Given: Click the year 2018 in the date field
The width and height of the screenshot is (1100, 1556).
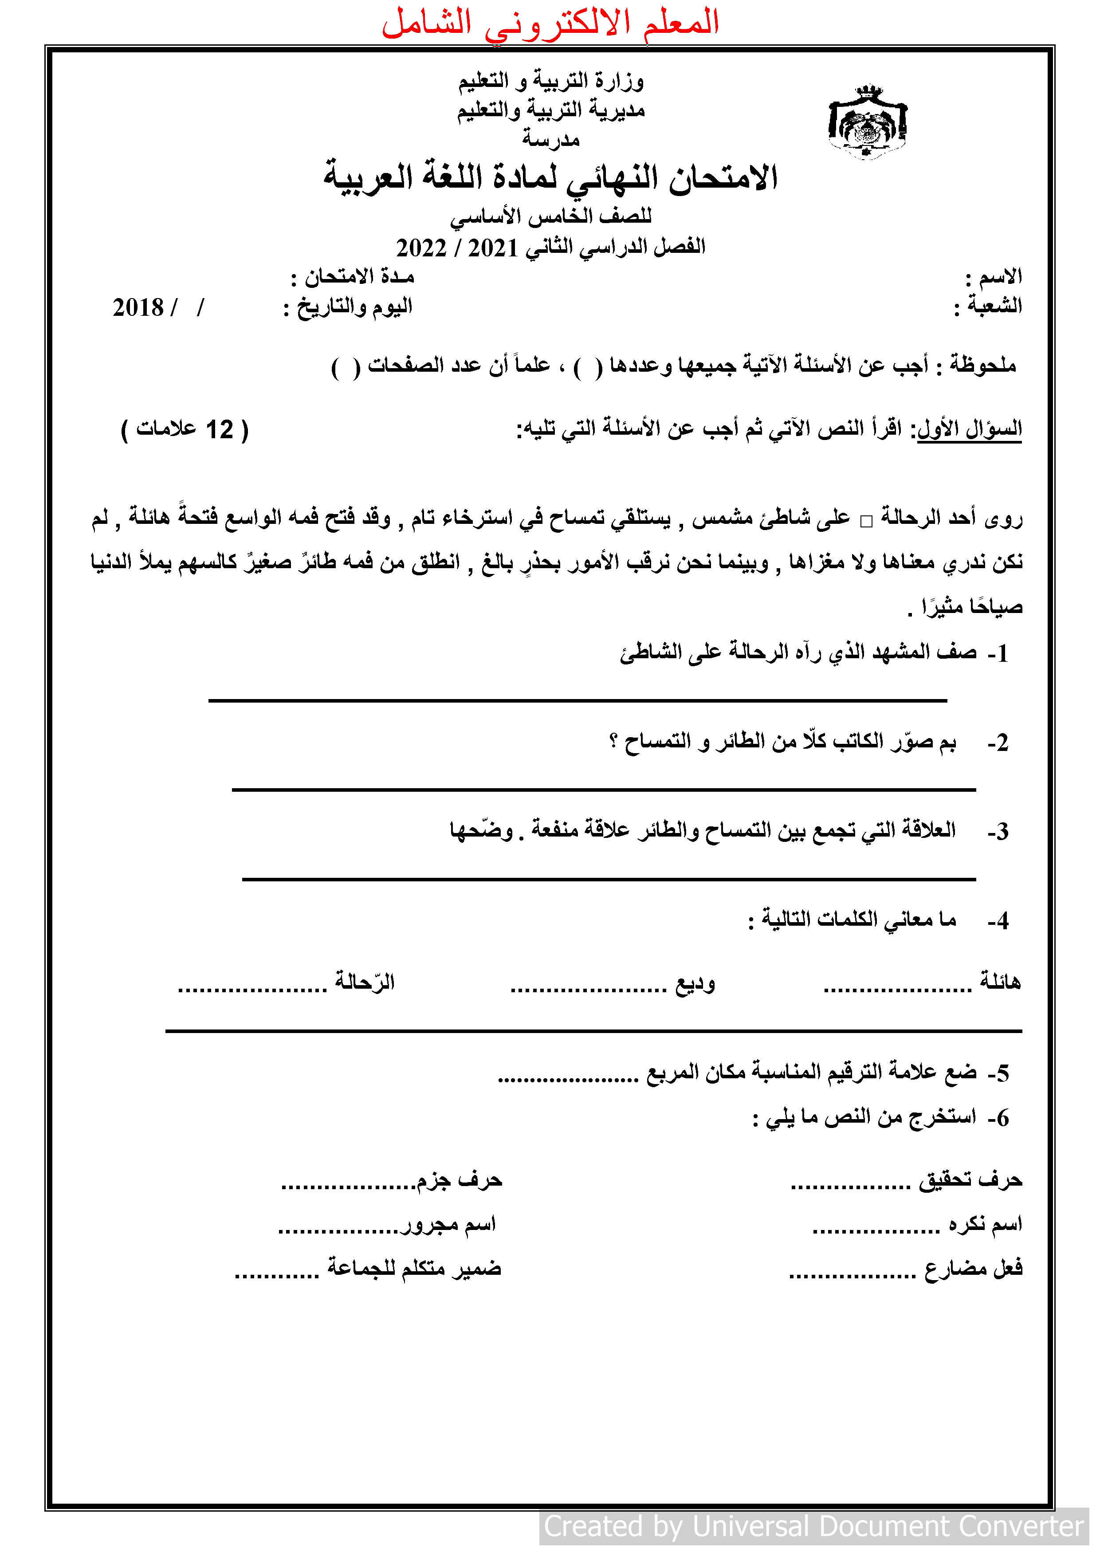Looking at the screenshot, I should tap(138, 308).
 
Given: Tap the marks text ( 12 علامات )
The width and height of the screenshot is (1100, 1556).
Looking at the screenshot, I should tap(185, 430).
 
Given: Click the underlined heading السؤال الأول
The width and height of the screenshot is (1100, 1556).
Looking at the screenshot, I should tap(969, 429).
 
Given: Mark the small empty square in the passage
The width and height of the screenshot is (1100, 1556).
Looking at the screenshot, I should tap(866, 521).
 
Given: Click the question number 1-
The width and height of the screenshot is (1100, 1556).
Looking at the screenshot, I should tap(998, 654).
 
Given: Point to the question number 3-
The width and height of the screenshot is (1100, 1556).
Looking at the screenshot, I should tap(998, 832).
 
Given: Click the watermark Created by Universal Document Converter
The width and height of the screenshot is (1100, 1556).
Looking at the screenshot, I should tap(813, 1526).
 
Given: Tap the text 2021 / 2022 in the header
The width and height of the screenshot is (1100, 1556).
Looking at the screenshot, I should tap(456, 248).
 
